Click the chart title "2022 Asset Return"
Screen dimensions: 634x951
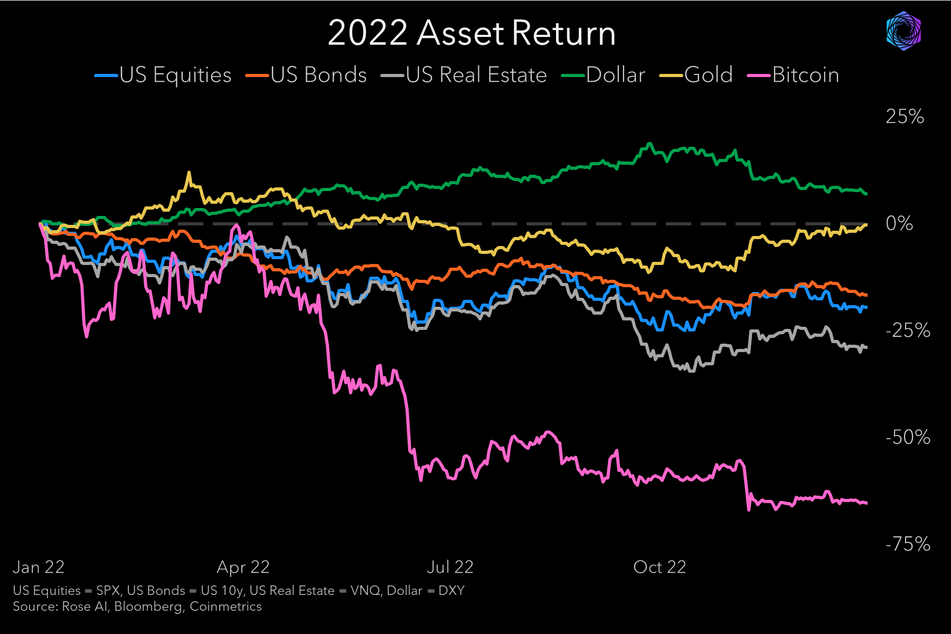coord(472,33)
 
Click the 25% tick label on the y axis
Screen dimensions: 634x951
coord(905,117)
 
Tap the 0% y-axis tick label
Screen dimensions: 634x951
coord(899,223)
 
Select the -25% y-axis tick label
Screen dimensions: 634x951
coord(908,331)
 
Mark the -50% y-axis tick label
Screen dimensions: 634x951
coord(908,438)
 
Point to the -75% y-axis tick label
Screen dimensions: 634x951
coord(908,544)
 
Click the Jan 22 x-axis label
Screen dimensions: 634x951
coord(39,567)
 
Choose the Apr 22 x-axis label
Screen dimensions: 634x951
coord(243,567)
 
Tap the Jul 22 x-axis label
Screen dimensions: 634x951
coord(450,567)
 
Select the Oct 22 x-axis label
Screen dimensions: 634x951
coord(660,567)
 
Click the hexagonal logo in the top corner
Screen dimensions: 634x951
coord(903,32)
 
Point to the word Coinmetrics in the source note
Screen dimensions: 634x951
coord(225,607)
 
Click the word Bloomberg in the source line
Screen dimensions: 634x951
coord(148,607)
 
